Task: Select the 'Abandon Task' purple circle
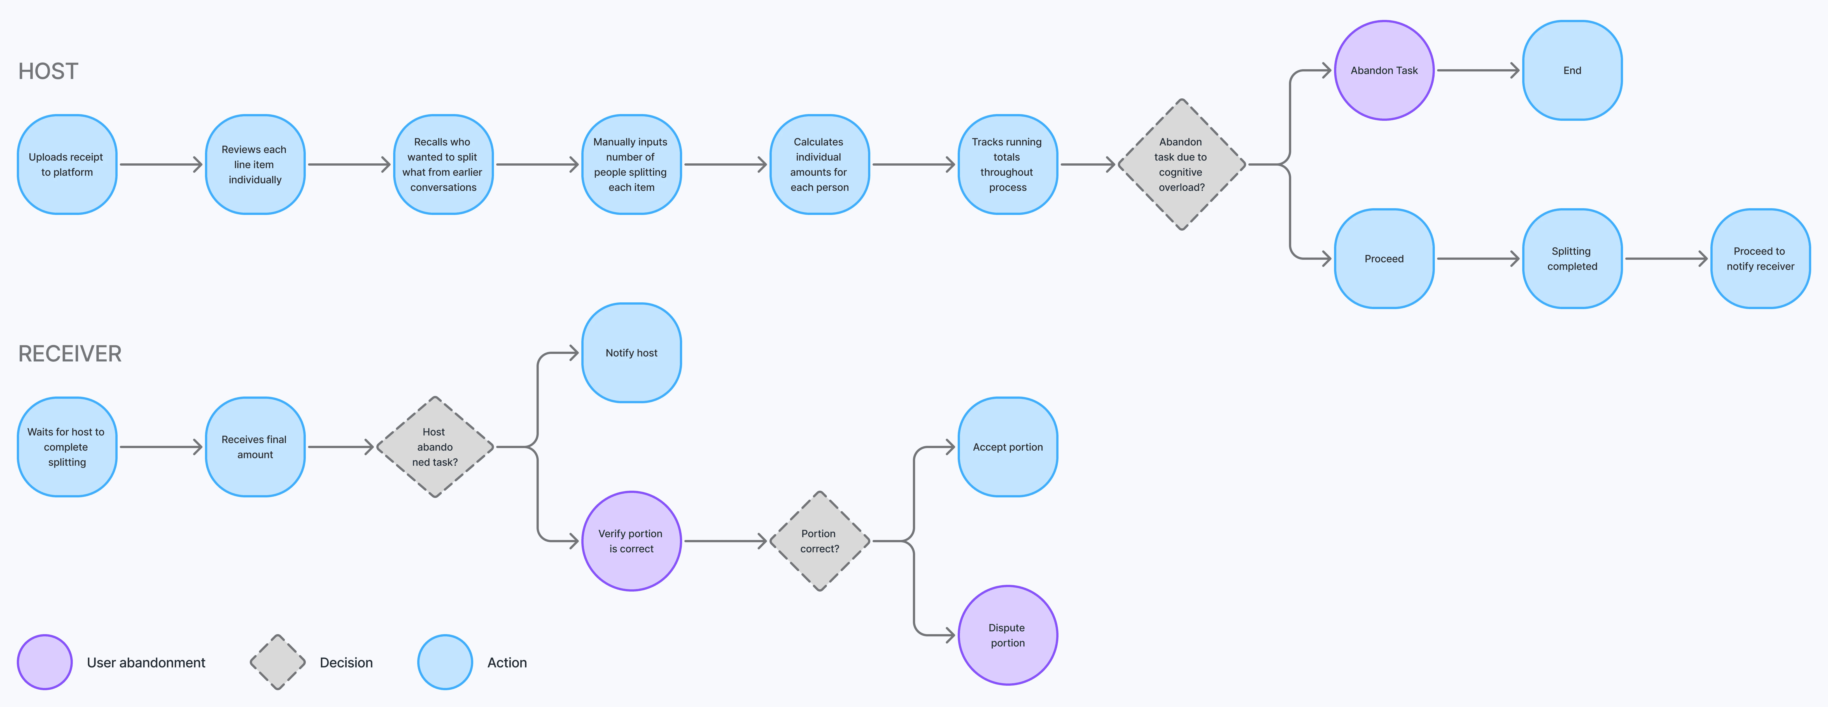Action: pyautogui.click(x=1384, y=70)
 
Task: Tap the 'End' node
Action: pyautogui.click(x=1572, y=70)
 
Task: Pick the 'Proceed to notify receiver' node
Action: pyautogui.click(x=1760, y=258)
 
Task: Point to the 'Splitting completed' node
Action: pyautogui.click(x=1572, y=258)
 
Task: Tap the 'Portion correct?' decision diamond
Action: pyautogui.click(x=820, y=541)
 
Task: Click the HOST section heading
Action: pyautogui.click(x=48, y=71)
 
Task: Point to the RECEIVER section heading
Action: pyautogui.click(x=69, y=354)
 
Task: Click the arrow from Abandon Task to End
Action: pyautogui.click(x=1477, y=70)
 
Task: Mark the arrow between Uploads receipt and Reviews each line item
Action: pyautogui.click(x=161, y=165)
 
